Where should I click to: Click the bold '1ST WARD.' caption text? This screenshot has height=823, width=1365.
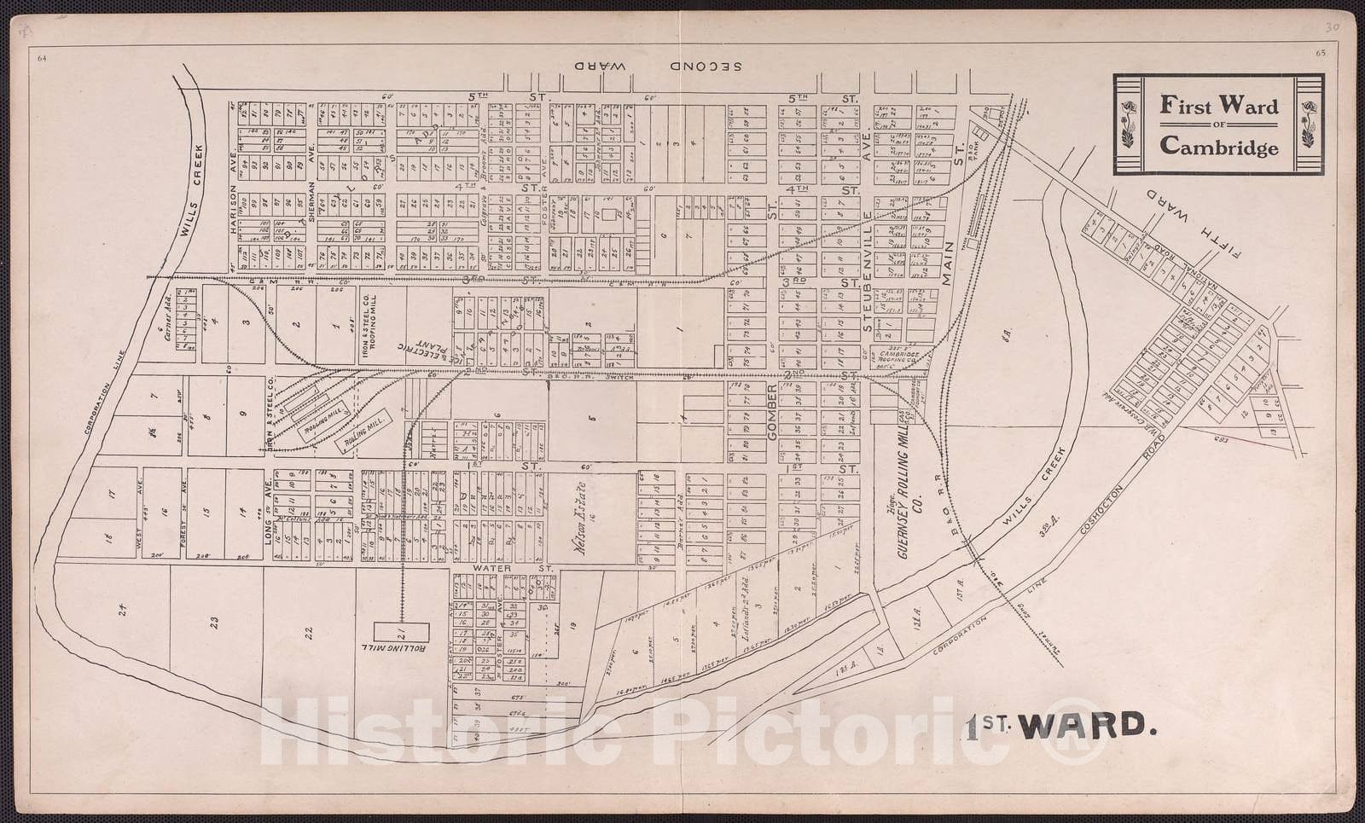pos(1062,725)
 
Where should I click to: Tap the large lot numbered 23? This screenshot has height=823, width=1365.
pos(215,622)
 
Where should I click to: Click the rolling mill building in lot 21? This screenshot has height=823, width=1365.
pos(400,633)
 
